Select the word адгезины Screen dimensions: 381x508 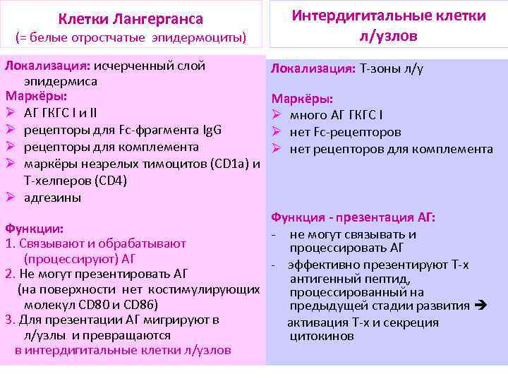point(52,197)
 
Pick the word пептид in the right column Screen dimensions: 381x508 point(370,279)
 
